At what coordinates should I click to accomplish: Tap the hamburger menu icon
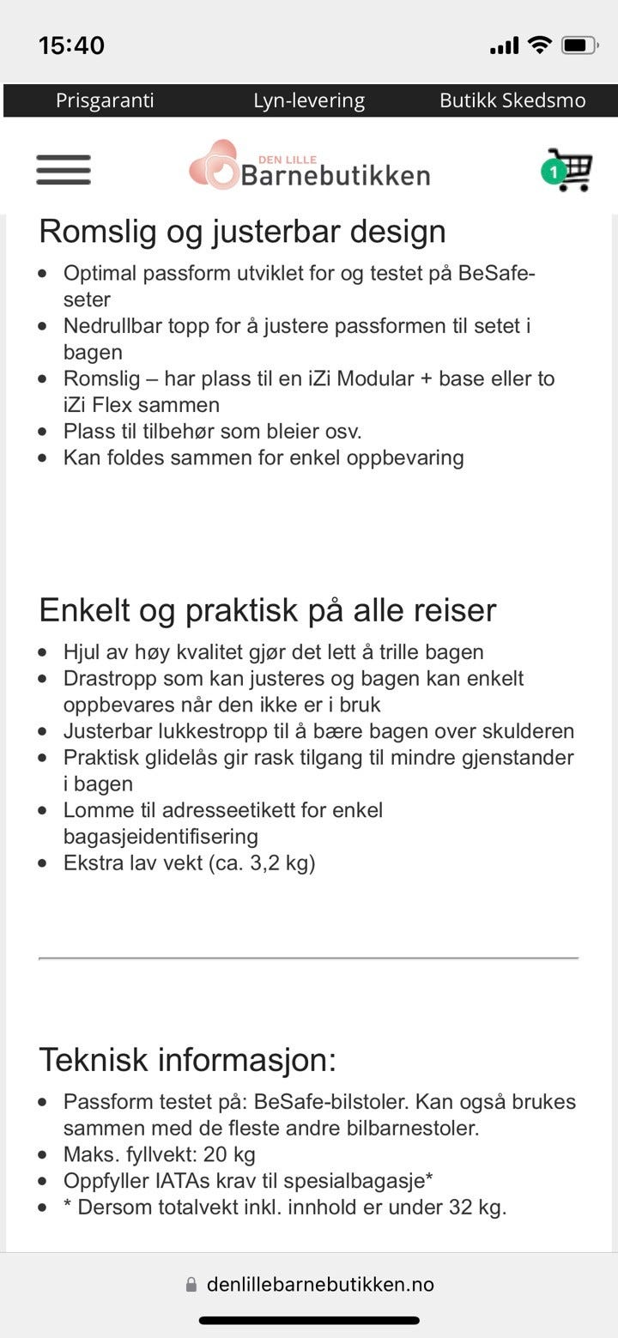pyautogui.click(x=64, y=170)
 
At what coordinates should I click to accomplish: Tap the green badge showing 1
pyautogui.click(x=554, y=173)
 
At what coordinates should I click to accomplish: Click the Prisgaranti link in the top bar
pyautogui.click(x=105, y=100)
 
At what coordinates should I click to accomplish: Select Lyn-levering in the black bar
pyautogui.click(x=309, y=100)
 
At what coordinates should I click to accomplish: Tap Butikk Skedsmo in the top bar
pyautogui.click(x=512, y=100)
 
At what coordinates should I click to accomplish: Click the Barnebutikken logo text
pyautogui.click(x=335, y=176)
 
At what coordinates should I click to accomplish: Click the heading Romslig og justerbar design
pyautogui.click(x=242, y=232)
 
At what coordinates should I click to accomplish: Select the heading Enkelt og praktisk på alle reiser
pyautogui.click(x=268, y=610)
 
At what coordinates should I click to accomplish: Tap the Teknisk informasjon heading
pyautogui.click(x=188, y=1060)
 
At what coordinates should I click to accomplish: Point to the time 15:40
pyautogui.click(x=71, y=45)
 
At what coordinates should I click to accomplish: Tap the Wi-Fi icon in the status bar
pyautogui.click(x=539, y=45)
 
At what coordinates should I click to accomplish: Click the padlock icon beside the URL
pyautogui.click(x=191, y=1285)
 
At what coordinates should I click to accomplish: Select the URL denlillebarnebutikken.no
pyautogui.click(x=320, y=1285)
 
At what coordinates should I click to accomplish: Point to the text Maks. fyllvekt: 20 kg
pyautogui.click(x=160, y=1154)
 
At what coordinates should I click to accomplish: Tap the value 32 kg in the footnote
pyautogui.click(x=477, y=1208)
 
